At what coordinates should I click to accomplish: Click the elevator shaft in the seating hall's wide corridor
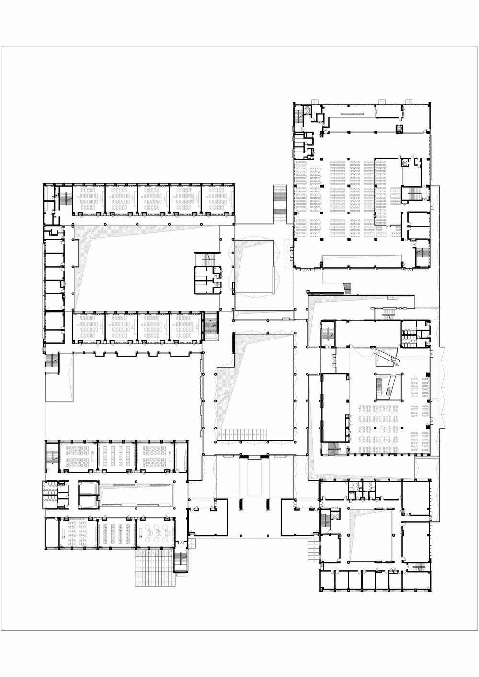[x=398, y=128]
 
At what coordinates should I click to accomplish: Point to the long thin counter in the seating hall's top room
[x=353, y=113]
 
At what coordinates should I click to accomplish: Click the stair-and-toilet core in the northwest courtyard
[x=208, y=271]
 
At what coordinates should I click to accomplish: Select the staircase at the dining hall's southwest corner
[x=332, y=448]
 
